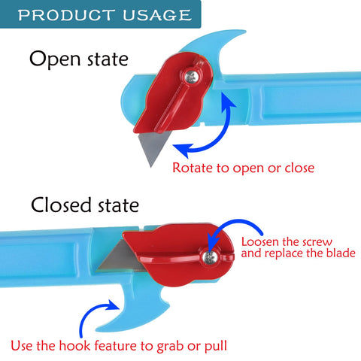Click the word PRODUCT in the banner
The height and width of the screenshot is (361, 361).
click(x=66, y=15)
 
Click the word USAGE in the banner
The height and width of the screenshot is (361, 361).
click(x=157, y=15)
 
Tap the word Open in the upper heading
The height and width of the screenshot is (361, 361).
click(x=55, y=60)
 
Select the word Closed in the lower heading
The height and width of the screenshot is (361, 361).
click(x=61, y=205)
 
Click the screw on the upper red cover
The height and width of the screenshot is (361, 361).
click(x=193, y=77)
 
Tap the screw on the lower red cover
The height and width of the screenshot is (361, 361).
click(x=210, y=256)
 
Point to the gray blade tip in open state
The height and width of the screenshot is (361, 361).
click(x=151, y=167)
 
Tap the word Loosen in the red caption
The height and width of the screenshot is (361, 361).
click(x=260, y=242)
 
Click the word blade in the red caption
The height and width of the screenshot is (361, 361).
click(x=341, y=253)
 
